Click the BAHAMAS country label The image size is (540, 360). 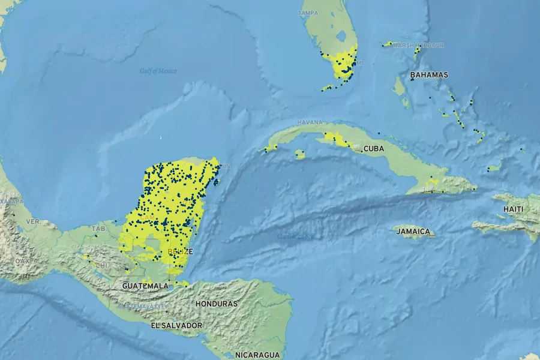pyautogui.click(x=429, y=75)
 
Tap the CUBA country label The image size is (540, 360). pyautogui.click(x=373, y=148)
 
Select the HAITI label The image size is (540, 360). pyautogui.click(x=513, y=209)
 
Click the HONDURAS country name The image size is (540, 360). pyautogui.click(x=216, y=304)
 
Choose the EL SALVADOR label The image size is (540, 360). pyautogui.click(x=176, y=325)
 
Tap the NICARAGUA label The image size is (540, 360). pyautogui.click(x=257, y=355)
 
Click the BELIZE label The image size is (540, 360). pyautogui.click(x=181, y=251)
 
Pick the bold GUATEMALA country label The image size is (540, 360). pyautogui.click(x=145, y=286)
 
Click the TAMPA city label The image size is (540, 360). pyautogui.click(x=308, y=13)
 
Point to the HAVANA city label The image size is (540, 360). pyautogui.click(x=310, y=123)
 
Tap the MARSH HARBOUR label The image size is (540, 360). pyautogui.click(x=418, y=45)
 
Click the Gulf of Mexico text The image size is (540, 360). pyautogui.click(x=158, y=71)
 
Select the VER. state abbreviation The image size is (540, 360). pyautogui.click(x=33, y=221)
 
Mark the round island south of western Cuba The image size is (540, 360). pyautogui.click(x=301, y=155)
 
